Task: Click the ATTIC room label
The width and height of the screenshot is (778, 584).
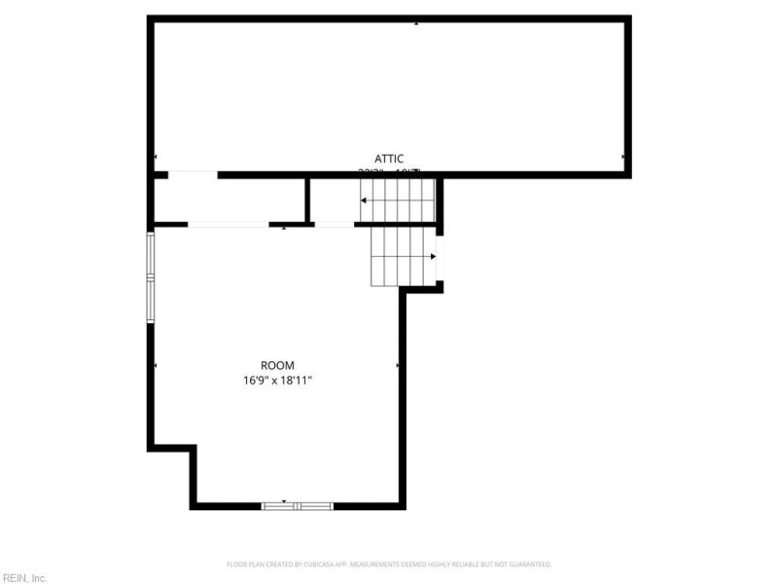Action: (x=389, y=158)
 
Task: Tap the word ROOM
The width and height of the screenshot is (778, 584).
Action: (x=277, y=365)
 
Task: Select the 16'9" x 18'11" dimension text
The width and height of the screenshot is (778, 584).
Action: (x=277, y=381)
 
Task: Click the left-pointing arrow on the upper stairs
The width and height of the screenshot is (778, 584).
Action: (x=364, y=201)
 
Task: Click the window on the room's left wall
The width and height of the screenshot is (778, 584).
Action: (x=151, y=277)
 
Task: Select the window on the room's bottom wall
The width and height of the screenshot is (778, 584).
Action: (x=298, y=506)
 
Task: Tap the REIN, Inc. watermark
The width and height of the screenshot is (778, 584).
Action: (x=23, y=577)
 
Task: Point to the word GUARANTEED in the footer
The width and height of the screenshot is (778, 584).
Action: (x=531, y=564)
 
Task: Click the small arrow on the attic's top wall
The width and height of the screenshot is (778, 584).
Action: (x=416, y=22)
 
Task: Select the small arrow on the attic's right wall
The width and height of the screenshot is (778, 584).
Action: (x=623, y=157)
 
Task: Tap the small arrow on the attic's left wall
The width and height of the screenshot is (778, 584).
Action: (x=156, y=157)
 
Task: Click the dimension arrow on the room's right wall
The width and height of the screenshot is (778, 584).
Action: (x=398, y=365)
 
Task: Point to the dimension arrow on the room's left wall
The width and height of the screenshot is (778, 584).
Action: (x=156, y=365)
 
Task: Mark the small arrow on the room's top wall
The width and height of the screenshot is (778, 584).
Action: (x=283, y=228)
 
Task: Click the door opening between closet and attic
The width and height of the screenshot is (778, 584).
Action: (x=193, y=175)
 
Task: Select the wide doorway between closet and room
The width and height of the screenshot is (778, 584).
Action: (x=229, y=225)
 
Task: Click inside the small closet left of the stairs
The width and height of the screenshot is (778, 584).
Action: (x=230, y=200)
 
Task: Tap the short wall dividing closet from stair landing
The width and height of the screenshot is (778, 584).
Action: (x=307, y=200)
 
